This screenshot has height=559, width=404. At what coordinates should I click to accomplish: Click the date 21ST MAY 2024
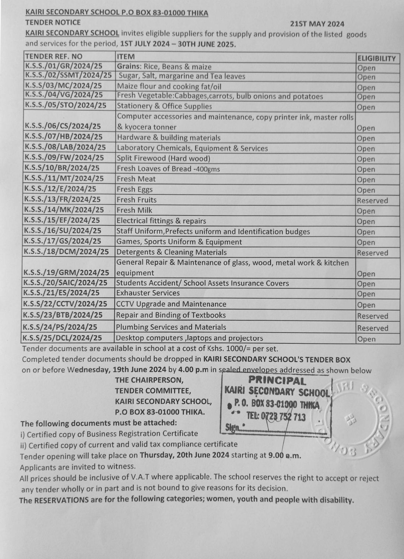point(317,24)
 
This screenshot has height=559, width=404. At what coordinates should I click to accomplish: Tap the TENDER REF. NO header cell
point(54,56)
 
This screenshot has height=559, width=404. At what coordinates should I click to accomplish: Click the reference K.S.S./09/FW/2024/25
point(64,158)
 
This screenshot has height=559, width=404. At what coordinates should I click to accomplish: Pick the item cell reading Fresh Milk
point(134,210)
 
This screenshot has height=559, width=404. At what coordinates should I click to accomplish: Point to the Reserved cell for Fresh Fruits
point(372,201)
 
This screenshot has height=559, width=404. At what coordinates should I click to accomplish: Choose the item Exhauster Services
point(148,293)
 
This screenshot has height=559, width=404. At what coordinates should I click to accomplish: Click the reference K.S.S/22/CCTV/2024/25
point(65,304)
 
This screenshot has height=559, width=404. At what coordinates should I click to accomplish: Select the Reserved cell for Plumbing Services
point(372,328)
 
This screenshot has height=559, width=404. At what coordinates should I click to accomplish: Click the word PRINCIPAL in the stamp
point(277,381)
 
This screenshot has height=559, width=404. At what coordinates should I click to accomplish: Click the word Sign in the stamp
point(231,428)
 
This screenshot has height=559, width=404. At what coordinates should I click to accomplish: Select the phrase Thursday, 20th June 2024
point(184,455)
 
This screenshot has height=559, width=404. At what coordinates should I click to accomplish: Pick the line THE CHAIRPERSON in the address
point(149,380)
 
